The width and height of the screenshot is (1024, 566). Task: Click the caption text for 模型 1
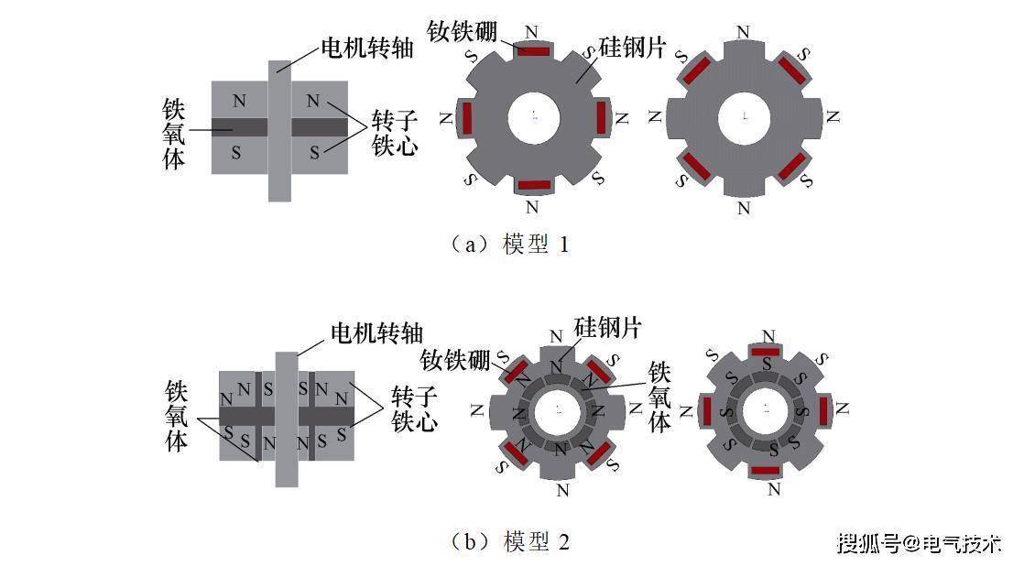pyautogui.click(x=509, y=245)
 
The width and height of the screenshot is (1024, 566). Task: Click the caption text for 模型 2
pyautogui.click(x=509, y=541)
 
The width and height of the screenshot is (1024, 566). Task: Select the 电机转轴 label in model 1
pyautogui.click(x=367, y=48)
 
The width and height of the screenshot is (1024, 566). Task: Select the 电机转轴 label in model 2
pyautogui.click(x=376, y=333)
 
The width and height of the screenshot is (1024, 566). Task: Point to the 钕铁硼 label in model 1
pyautogui.click(x=463, y=31)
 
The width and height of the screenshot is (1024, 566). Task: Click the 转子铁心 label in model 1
pyautogui.click(x=395, y=133)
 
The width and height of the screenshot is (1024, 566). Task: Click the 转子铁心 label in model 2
pyautogui.click(x=414, y=408)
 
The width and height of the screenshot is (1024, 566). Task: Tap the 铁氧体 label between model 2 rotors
pyautogui.click(x=659, y=397)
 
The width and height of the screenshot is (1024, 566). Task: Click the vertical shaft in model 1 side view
pyautogui.click(x=279, y=131)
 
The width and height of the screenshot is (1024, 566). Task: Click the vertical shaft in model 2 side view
pyautogui.click(x=287, y=419)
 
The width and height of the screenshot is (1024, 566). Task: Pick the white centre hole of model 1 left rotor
pyautogui.click(x=534, y=117)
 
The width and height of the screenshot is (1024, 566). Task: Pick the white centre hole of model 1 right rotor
pyautogui.click(x=745, y=117)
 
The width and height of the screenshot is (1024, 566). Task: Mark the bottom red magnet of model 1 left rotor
pyautogui.click(x=534, y=185)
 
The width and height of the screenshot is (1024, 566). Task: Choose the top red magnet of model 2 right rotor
pyautogui.click(x=766, y=352)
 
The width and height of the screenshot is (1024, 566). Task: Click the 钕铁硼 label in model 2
pyautogui.click(x=455, y=359)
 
